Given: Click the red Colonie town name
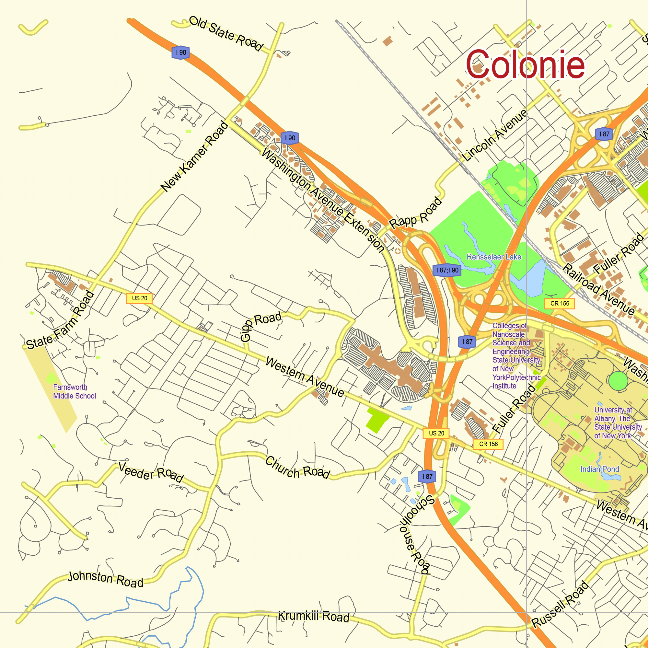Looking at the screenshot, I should pos(525,65).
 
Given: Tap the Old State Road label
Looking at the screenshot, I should pos(226,34).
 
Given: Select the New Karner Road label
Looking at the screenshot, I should pos(194,157).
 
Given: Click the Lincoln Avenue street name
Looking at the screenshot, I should pos(495,135).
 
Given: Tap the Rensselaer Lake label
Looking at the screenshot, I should pos(494,257).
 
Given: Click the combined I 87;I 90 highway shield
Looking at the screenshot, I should pos(447,270).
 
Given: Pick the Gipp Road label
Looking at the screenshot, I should pos(260,326).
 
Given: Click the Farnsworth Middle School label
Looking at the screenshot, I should pos(74,391).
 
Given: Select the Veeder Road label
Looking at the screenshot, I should pos(151,472).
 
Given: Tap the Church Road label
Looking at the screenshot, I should pos(297,468).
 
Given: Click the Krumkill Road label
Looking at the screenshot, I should pos(313,616).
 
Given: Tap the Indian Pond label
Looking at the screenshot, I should pos(600,469).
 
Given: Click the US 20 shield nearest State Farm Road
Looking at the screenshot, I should pos(139,298).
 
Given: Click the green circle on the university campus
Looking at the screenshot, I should pos(618,381).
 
